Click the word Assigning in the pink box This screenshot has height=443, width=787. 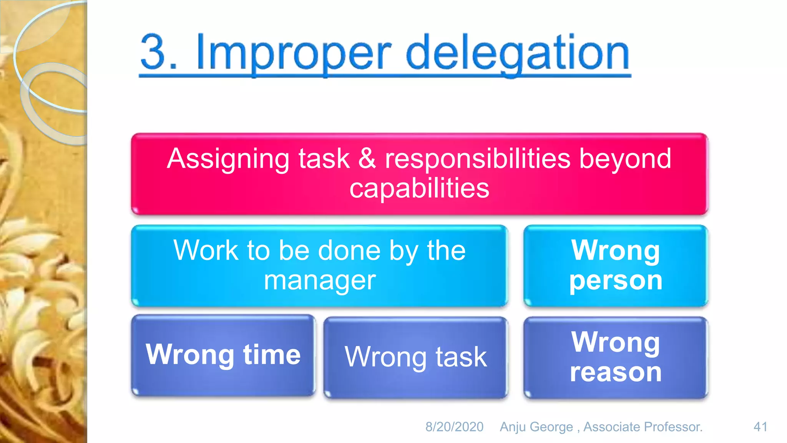click(228, 159)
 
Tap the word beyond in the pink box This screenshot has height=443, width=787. click(625, 159)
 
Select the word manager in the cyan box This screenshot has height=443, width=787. click(319, 280)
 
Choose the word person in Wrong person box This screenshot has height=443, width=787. click(616, 280)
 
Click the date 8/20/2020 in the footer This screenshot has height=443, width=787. click(454, 427)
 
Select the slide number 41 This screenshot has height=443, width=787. click(760, 427)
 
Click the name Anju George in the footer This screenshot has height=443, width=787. click(536, 427)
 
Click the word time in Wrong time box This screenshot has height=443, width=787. click(272, 354)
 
